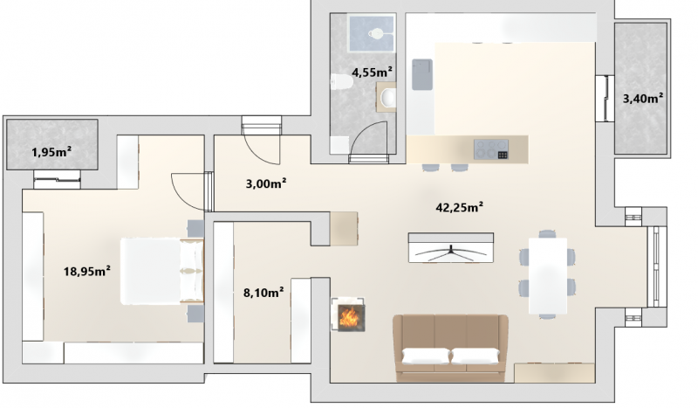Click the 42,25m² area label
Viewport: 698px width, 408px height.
tap(460, 207)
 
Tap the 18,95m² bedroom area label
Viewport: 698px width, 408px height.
tap(86, 271)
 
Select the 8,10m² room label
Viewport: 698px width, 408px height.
tap(263, 293)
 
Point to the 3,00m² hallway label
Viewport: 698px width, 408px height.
tap(266, 183)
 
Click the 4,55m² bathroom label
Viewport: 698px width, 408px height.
tap(373, 72)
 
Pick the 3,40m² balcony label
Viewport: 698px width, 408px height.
tap(643, 98)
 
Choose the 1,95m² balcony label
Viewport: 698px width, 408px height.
tap(51, 153)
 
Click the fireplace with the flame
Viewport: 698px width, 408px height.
tap(348, 315)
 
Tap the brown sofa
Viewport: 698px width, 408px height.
tap(450, 349)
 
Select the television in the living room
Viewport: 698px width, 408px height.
tap(451, 248)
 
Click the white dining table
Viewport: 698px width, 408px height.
tap(548, 276)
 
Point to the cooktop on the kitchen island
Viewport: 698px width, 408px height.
tap(491, 149)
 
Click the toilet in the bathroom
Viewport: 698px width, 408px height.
tap(342, 82)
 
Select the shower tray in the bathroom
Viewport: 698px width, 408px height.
tap(372, 33)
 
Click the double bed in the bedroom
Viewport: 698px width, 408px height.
tap(162, 272)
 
